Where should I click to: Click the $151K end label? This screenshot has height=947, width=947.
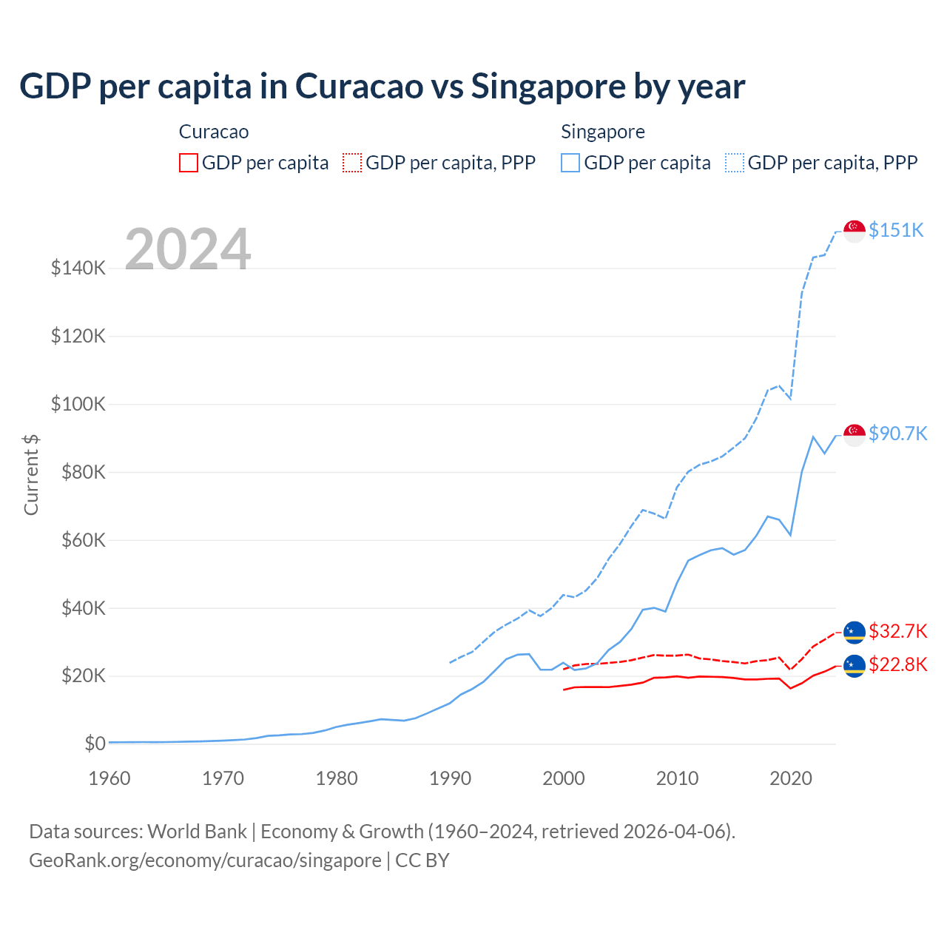[896, 230]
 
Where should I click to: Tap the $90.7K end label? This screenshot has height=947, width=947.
[897, 434]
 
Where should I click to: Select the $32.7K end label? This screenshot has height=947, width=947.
[897, 631]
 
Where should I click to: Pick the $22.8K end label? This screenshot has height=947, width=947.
[897, 664]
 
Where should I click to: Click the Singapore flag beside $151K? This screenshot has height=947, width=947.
[855, 231]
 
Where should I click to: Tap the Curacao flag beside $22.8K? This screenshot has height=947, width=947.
[855, 666]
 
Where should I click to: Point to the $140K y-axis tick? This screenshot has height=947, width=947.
[78, 268]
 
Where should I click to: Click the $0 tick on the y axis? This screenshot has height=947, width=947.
[95, 744]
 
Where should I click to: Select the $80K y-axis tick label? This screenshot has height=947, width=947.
[78, 472]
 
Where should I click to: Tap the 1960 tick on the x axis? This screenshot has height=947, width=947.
[109, 778]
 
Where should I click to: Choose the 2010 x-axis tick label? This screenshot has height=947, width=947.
[677, 778]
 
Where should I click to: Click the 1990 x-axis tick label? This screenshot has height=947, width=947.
[450, 778]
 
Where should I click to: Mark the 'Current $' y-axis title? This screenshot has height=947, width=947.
[31, 474]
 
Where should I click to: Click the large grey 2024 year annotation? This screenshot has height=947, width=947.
[188, 249]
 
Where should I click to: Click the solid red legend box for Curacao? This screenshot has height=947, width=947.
[189, 163]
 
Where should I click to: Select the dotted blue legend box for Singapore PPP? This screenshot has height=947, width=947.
[735, 163]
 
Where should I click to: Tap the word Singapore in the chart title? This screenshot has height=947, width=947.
[547, 87]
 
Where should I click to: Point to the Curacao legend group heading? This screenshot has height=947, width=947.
[214, 132]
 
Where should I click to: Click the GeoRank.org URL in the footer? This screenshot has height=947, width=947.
[205, 860]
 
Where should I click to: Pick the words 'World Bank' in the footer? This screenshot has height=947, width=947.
[197, 832]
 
